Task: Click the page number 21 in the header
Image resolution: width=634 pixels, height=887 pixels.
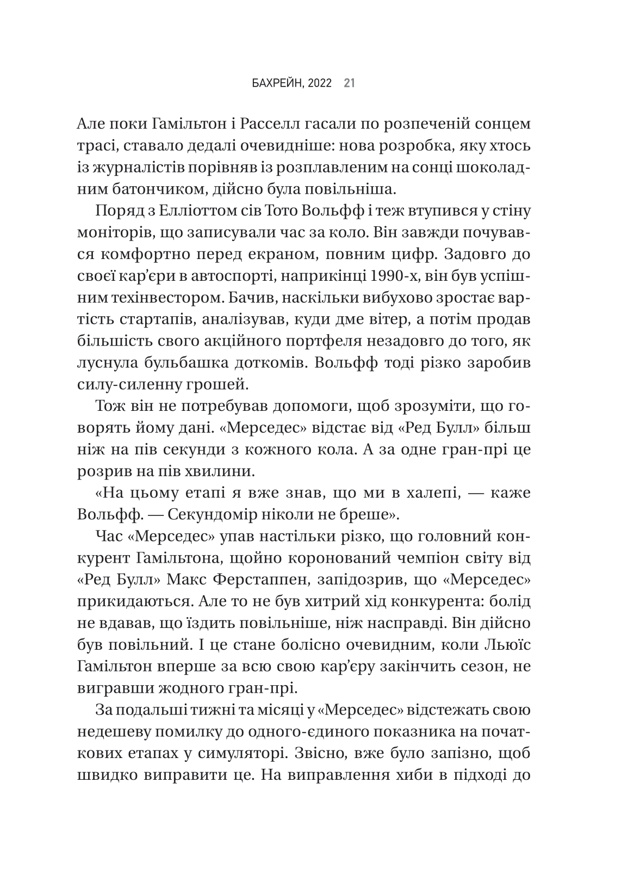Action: coord(349,83)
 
